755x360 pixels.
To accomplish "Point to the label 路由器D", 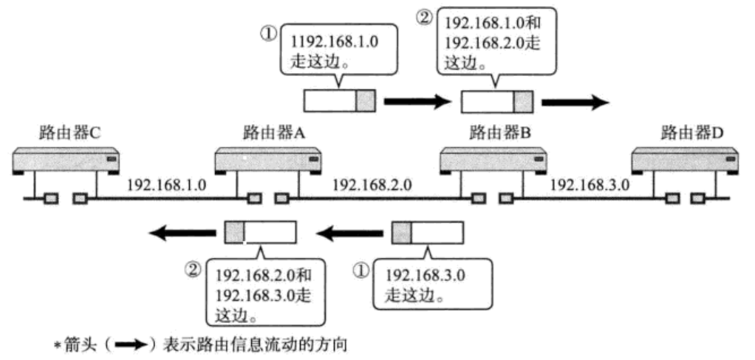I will pos(692,133).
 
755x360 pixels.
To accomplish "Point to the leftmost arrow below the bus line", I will pos(178,234).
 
